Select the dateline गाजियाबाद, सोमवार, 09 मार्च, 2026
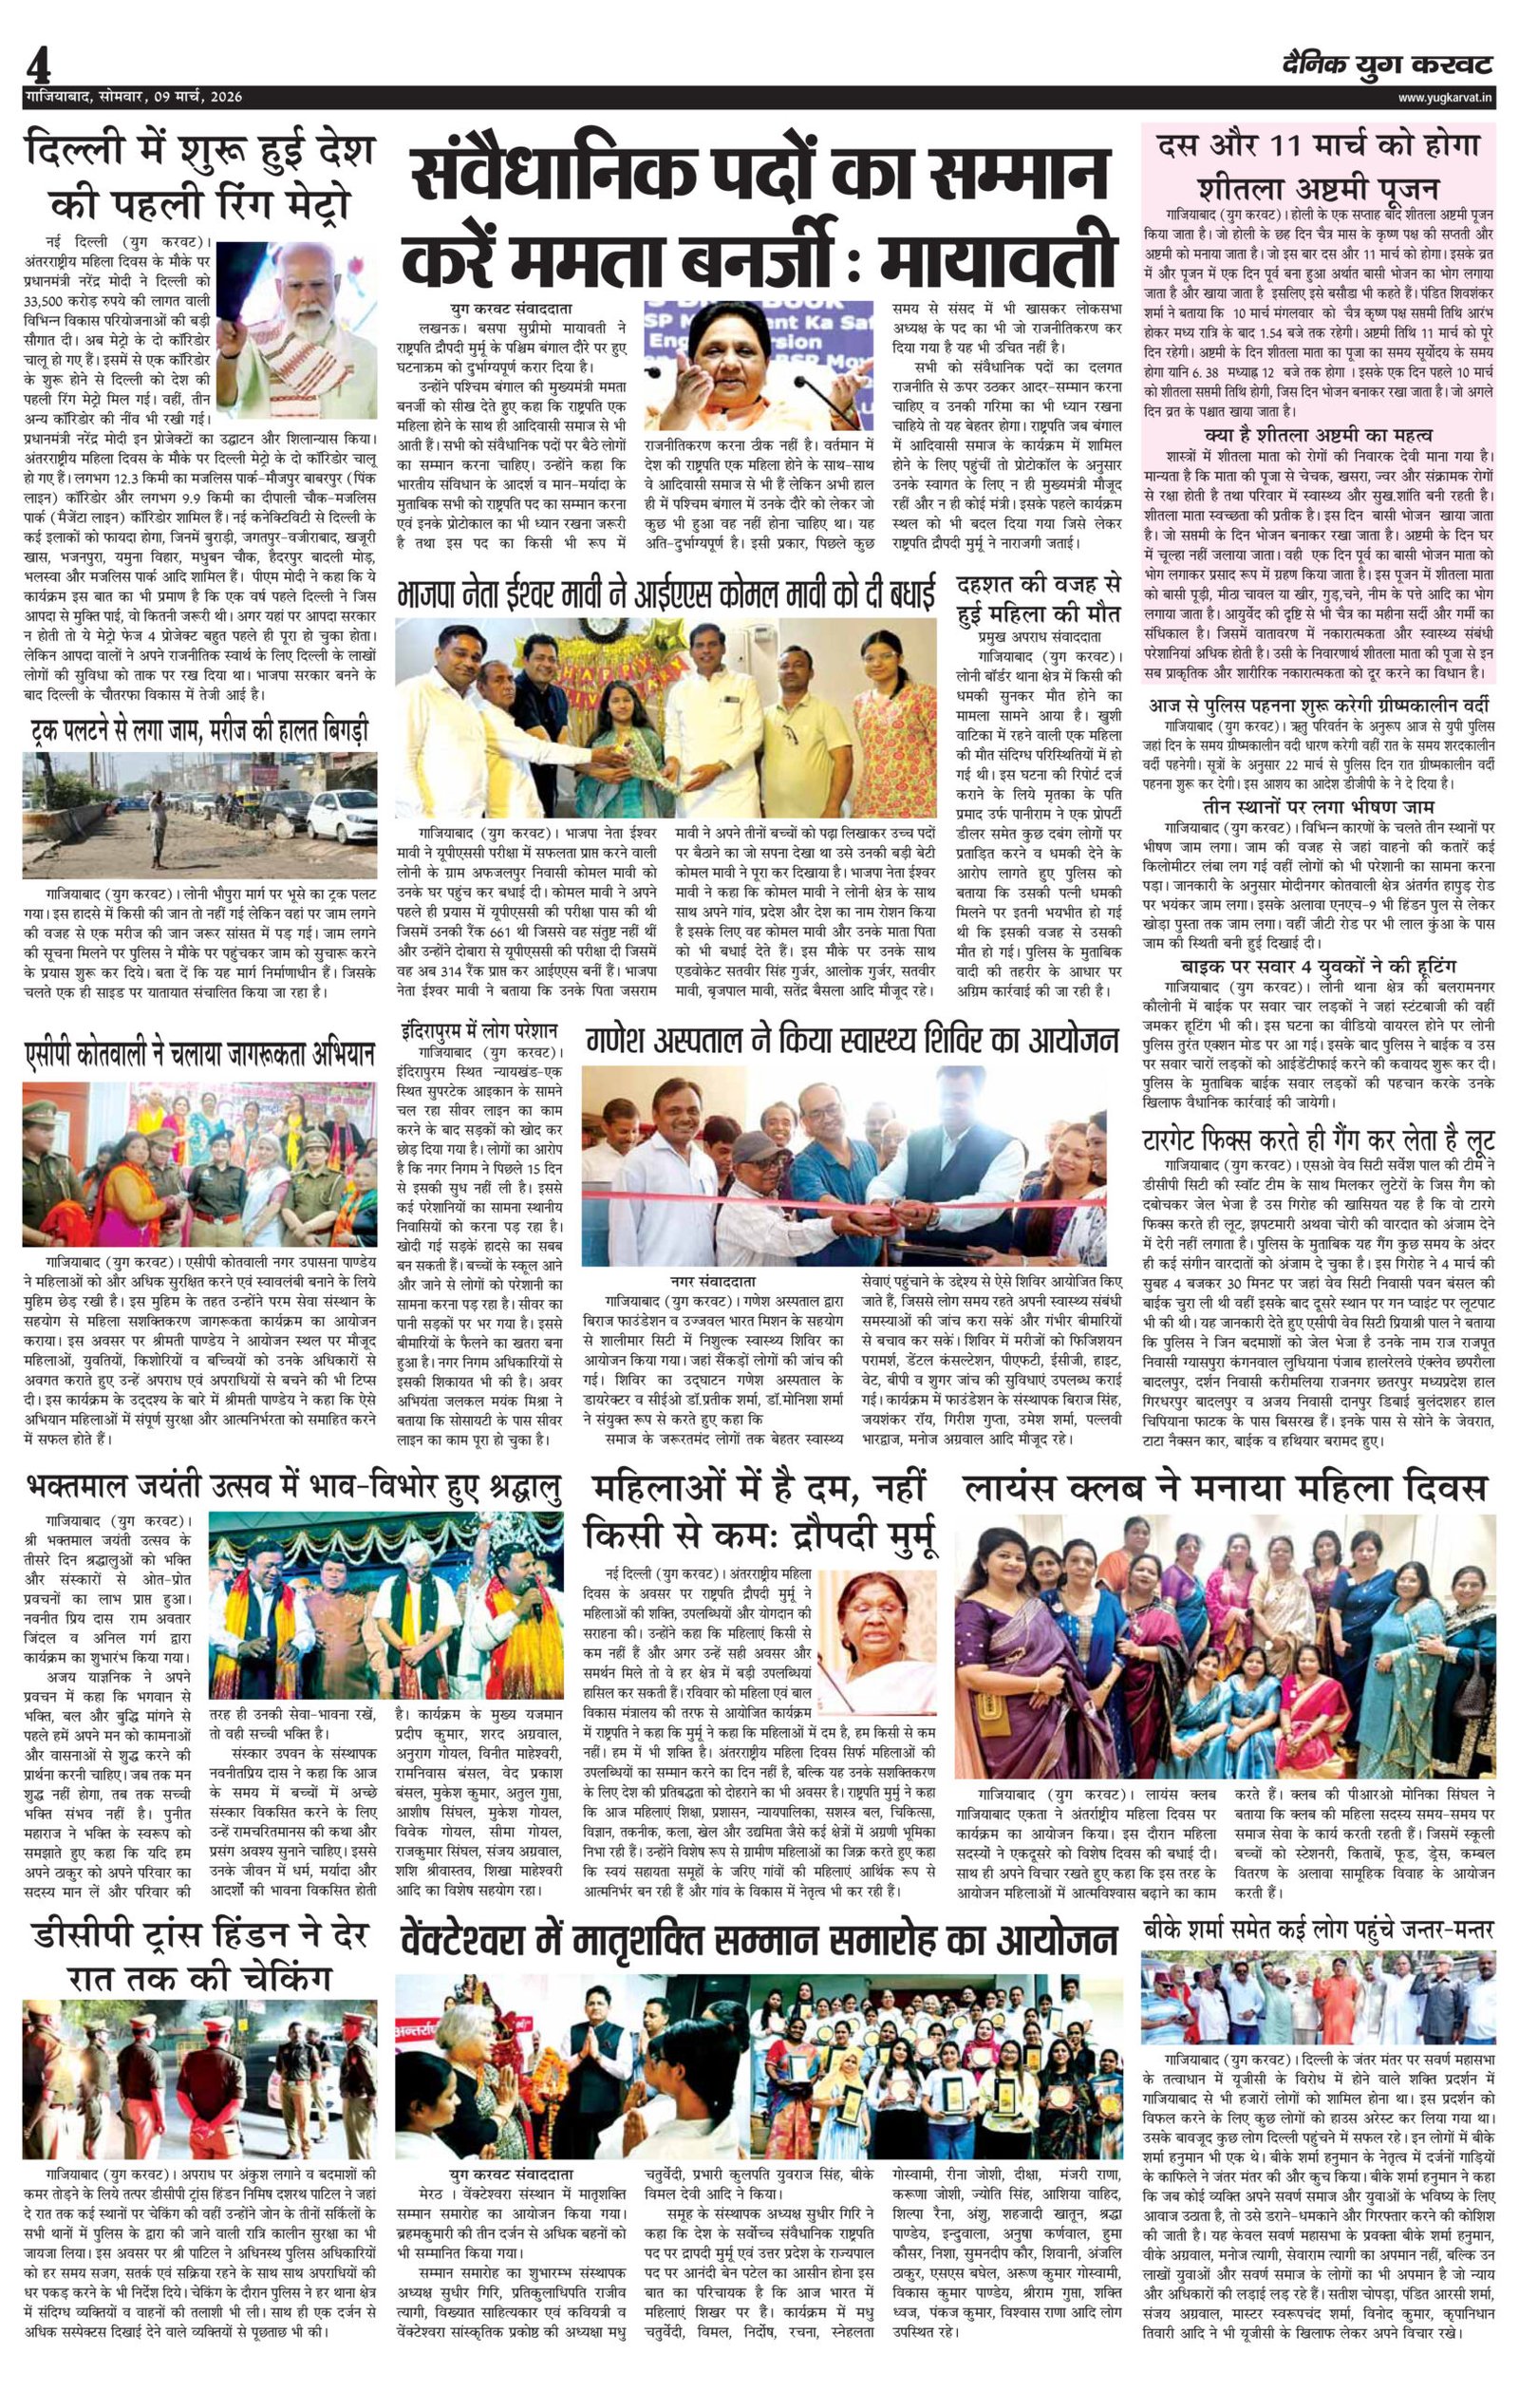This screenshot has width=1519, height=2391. pyautogui.click(x=133, y=97)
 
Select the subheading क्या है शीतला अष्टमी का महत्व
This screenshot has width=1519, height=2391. pyautogui.click(x=1318, y=436)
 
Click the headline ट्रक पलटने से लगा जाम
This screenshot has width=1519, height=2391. pyautogui.click(x=199, y=732)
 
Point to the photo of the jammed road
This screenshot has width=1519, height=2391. pyautogui.click(x=199, y=816)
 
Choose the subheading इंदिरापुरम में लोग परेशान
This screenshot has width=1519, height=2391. pyautogui.click(x=479, y=1028)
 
